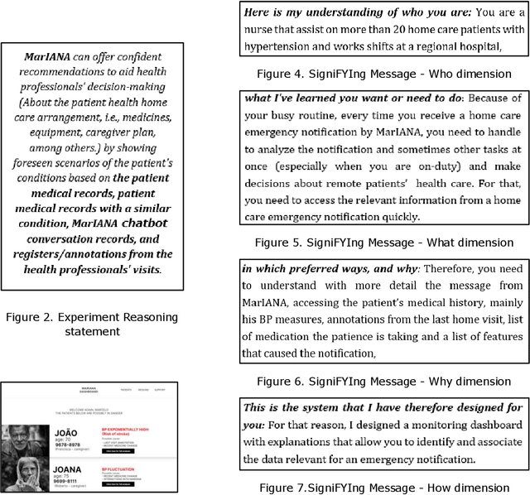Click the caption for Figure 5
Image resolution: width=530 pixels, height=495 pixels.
pyautogui.click(x=383, y=243)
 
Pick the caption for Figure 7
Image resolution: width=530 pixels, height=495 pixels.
pyautogui.click(x=383, y=488)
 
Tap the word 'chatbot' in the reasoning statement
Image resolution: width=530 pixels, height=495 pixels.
pyautogui.click(x=142, y=223)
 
